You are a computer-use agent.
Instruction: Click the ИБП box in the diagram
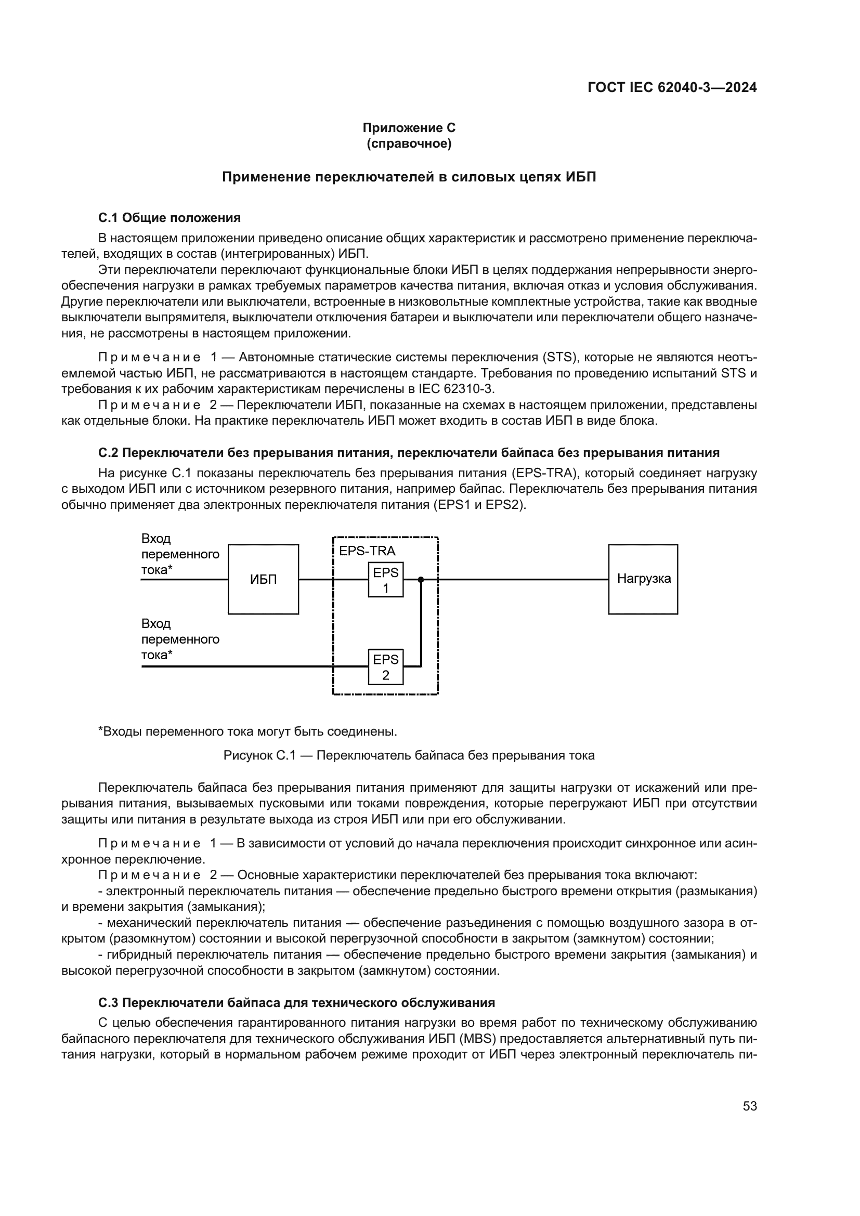click(263, 579)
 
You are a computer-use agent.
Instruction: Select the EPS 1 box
click(385, 579)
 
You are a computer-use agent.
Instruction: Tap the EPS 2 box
click(385, 667)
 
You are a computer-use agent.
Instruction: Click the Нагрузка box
click(643, 579)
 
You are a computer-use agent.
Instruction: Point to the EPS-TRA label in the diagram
click(367, 551)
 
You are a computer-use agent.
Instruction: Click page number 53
click(749, 1106)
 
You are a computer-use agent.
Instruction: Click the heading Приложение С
click(409, 128)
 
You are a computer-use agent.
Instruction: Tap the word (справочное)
click(409, 144)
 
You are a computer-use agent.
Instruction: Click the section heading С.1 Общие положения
click(170, 218)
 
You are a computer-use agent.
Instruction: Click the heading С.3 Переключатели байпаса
click(296, 1002)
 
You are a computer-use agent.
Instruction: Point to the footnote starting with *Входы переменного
click(248, 732)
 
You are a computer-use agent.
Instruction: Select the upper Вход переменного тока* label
click(180, 554)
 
